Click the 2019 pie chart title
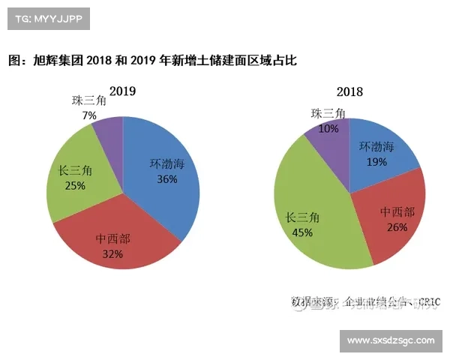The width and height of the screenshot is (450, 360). (x=122, y=91)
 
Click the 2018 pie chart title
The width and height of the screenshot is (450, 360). (x=349, y=92)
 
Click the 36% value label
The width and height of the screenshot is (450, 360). (x=166, y=179)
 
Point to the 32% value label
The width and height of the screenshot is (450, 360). (x=112, y=254)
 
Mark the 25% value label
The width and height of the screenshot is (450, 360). (x=75, y=186)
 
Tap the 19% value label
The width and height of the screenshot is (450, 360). (x=377, y=161)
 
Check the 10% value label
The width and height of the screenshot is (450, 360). (x=328, y=128)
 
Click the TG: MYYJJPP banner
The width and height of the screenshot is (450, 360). (x=48, y=18)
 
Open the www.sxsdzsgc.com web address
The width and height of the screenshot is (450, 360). (x=390, y=340)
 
